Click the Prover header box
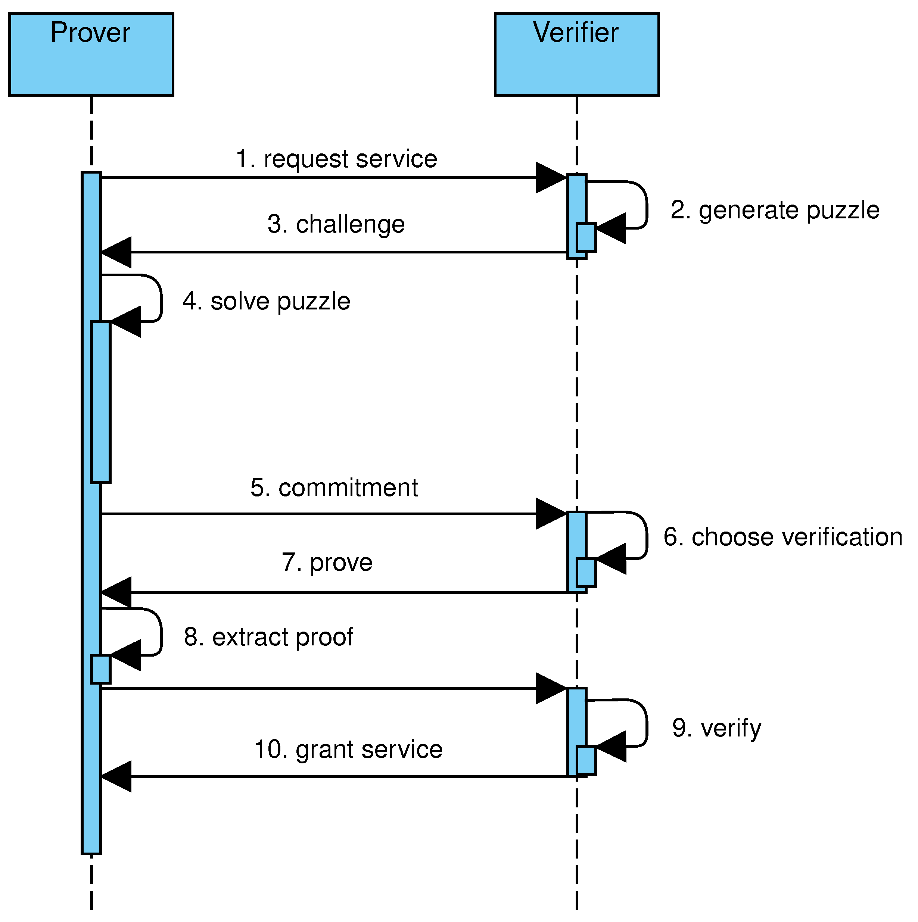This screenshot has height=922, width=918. [91, 54]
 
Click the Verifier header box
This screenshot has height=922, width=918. [577, 54]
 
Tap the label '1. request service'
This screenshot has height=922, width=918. [337, 159]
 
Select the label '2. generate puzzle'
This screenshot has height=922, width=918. [775, 210]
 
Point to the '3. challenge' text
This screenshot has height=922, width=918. [336, 224]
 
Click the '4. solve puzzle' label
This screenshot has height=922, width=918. [267, 301]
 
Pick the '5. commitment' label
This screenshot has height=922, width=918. [334, 488]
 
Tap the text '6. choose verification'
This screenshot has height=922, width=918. [783, 537]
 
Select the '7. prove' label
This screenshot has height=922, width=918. [327, 562]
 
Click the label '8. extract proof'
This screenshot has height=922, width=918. [268, 637]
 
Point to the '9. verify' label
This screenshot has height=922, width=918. [716, 728]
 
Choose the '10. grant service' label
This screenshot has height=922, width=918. [348, 749]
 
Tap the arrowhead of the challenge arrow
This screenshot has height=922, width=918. [116, 252]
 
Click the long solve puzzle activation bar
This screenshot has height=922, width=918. [101, 402]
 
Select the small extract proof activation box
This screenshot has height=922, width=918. [101, 669]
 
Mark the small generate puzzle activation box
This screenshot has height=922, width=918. [586, 237]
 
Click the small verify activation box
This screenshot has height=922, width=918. [586, 760]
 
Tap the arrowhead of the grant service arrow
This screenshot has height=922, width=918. [116, 776]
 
